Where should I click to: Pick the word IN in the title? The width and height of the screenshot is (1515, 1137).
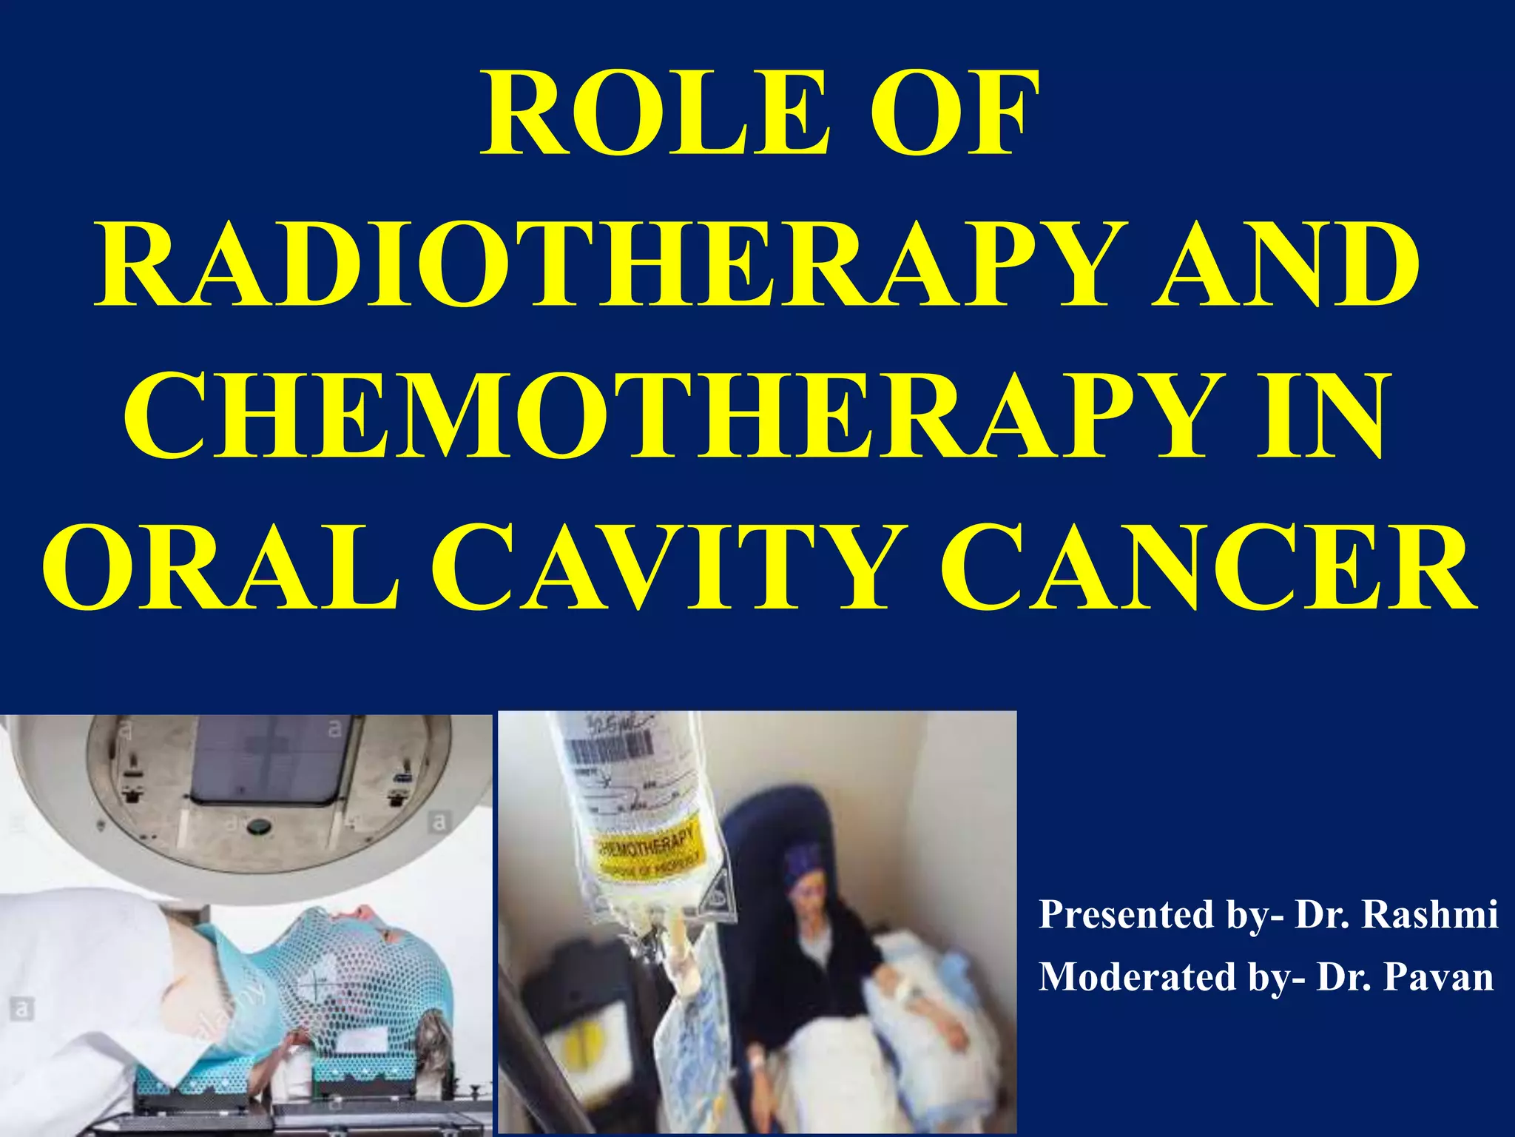[1320, 418]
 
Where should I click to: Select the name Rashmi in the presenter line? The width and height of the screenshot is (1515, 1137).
[1429, 915]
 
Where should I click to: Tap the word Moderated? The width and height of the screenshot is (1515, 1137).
[1138, 977]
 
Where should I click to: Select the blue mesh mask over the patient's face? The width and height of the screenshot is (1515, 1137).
[348, 962]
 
